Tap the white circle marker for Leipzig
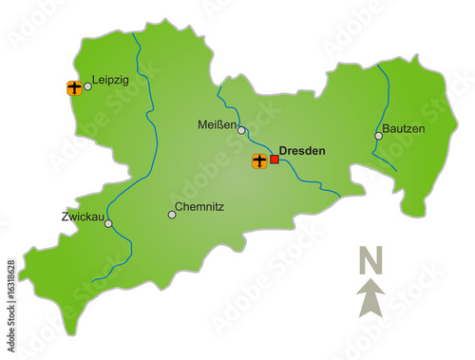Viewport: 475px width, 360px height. (x=87, y=86)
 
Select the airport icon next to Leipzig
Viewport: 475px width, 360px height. (x=73, y=88)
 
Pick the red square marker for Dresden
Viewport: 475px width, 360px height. (x=275, y=160)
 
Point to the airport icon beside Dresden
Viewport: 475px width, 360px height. (x=259, y=161)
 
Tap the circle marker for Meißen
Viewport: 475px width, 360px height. (x=242, y=130)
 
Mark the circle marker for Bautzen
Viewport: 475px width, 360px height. (x=378, y=136)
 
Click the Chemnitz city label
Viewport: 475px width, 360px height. (x=200, y=206)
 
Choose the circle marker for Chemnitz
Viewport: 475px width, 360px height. (x=172, y=214)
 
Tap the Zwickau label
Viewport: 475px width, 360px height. (x=81, y=217)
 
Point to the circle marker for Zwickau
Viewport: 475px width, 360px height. (x=108, y=225)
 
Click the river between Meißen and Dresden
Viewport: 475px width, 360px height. (x=256, y=142)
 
